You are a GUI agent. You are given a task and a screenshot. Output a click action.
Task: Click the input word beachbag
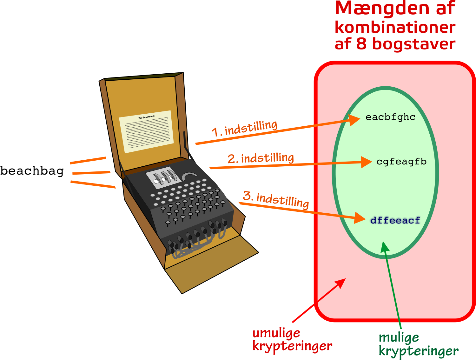point(32,171)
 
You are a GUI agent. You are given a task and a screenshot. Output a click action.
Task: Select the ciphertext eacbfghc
point(390,117)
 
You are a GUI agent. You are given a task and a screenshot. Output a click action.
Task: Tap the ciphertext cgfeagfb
point(401,162)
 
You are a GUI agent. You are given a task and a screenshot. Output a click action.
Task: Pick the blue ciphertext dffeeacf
point(395,220)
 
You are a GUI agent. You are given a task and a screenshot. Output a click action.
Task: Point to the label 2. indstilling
point(261,158)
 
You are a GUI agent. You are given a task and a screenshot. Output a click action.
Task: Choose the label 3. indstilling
point(276,200)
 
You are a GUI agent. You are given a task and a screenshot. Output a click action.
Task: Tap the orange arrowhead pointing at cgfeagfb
point(366,162)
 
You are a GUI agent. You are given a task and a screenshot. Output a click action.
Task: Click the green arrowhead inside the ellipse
point(385,247)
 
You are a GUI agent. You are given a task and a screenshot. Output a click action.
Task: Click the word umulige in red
point(276,333)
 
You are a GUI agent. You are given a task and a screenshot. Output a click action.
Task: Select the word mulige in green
point(399,338)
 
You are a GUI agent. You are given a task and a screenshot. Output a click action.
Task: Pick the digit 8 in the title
point(361,43)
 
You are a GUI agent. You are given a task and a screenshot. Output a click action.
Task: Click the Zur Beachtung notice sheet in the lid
point(146,132)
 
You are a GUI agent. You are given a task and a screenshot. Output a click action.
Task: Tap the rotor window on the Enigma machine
point(163,177)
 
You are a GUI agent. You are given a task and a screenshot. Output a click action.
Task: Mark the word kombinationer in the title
point(395,28)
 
